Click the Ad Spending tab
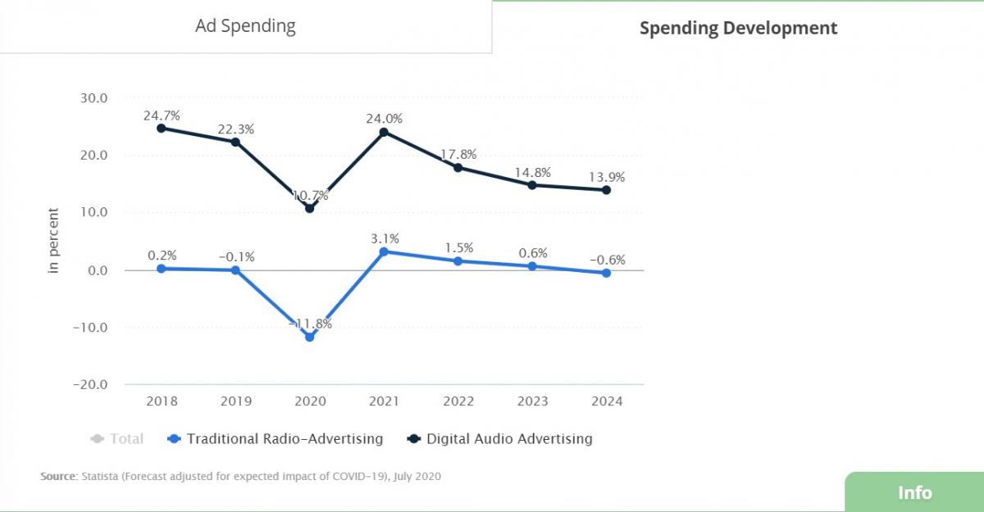(245, 26)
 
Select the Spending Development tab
(738, 29)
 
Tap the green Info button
(913, 492)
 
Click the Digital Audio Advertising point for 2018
(161, 128)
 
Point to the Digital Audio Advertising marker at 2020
(309, 208)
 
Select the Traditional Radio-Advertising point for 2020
(309, 337)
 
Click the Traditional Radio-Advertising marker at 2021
(384, 251)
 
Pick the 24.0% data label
(384, 119)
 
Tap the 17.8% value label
(458, 155)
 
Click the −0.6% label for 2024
(607, 261)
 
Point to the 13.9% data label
(607, 177)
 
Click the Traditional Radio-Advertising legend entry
(276, 439)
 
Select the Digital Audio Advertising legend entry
(499, 439)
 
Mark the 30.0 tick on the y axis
(94, 98)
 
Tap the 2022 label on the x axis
(458, 401)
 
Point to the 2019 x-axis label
(235, 401)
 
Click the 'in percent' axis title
(54, 242)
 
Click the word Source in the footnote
(58, 476)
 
